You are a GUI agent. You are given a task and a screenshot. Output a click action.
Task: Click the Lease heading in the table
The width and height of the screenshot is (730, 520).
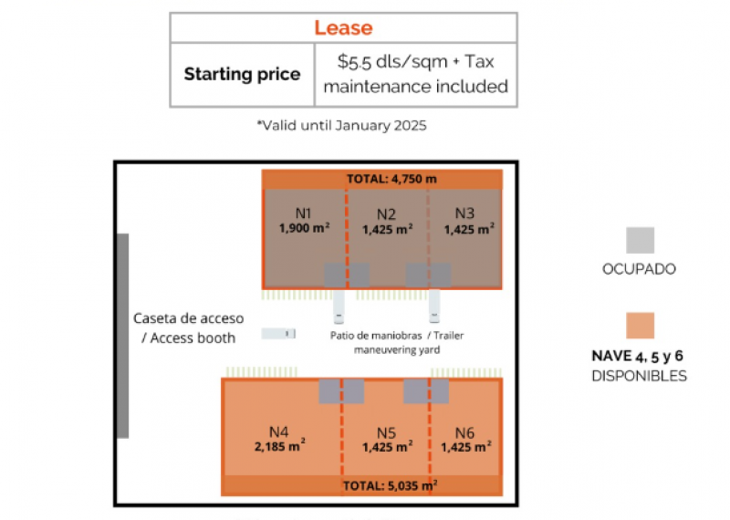(343, 28)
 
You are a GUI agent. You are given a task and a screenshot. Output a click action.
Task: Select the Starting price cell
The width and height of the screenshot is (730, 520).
(242, 75)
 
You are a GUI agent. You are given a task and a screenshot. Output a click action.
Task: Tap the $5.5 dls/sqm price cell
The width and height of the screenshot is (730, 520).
(415, 75)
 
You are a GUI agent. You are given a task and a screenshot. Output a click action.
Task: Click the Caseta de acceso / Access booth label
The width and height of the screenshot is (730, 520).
(188, 328)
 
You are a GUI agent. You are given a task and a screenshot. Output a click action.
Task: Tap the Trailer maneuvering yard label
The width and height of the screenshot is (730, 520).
(396, 342)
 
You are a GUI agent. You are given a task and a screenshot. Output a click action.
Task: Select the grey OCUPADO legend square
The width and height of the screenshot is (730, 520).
(640, 240)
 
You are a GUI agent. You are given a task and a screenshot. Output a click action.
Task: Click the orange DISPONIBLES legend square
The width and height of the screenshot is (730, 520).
(640, 327)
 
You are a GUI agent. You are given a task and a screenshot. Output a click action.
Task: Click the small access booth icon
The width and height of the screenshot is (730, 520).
(278, 334)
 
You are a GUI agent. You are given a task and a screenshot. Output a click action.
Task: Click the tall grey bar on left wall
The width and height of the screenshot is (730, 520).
(123, 336)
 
